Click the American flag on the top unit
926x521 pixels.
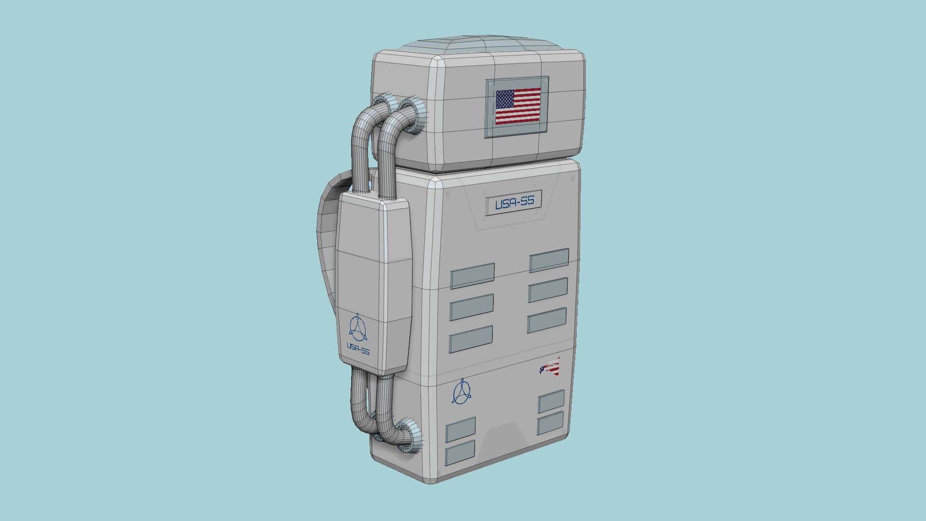click(x=518, y=106)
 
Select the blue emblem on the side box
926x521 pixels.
click(x=357, y=328)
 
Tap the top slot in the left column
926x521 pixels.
click(x=472, y=276)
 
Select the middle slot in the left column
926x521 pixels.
click(x=472, y=307)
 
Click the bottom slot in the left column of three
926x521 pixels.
click(x=471, y=339)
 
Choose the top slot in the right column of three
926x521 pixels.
click(x=549, y=260)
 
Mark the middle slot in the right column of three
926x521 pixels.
click(x=548, y=290)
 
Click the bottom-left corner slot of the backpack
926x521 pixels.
click(x=460, y=453)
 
